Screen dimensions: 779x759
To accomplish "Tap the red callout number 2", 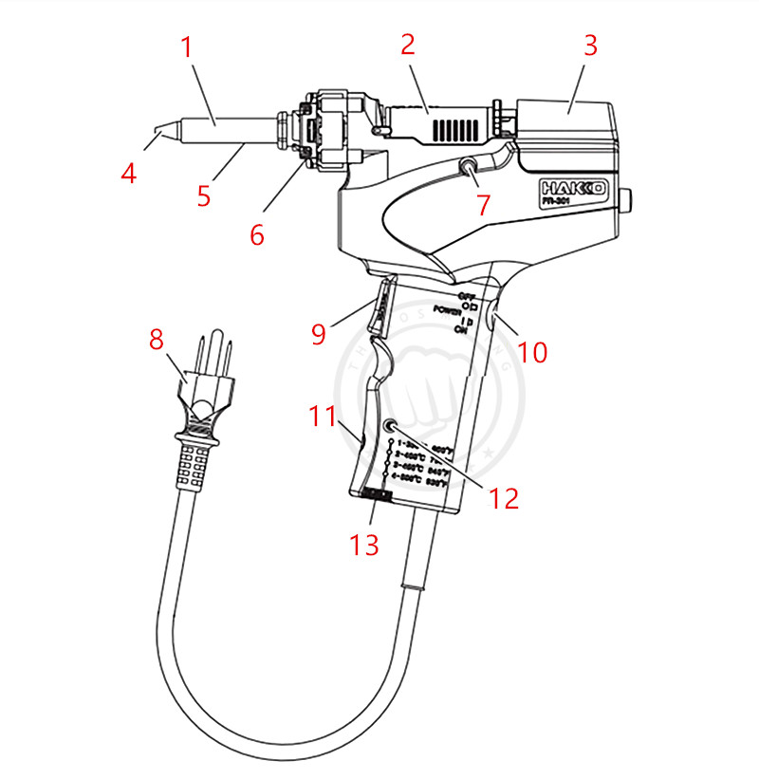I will click(x=408, y=44).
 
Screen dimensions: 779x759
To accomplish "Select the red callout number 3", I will click(x=590, y=46).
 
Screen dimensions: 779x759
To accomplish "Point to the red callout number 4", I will click(x=129, y=174).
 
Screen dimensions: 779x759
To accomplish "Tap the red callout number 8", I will click(x=157, y=340).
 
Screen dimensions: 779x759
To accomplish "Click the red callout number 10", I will click(x=533, y=352).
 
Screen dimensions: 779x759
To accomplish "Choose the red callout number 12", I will click(x=505, y=497).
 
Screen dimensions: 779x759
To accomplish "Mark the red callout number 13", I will click(x=365, y=544).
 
